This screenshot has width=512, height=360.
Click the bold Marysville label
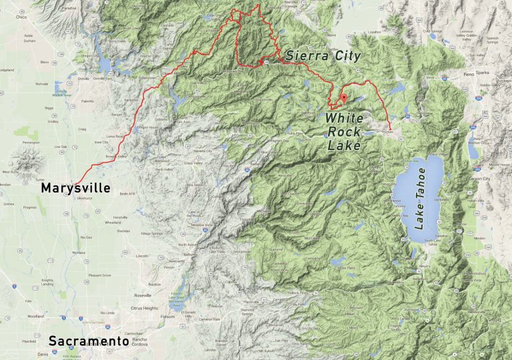click(75, 189)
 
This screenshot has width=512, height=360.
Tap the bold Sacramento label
click(89, 341)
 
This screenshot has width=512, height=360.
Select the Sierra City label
click(323, 56)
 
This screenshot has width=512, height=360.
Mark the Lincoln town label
click(141, 256)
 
